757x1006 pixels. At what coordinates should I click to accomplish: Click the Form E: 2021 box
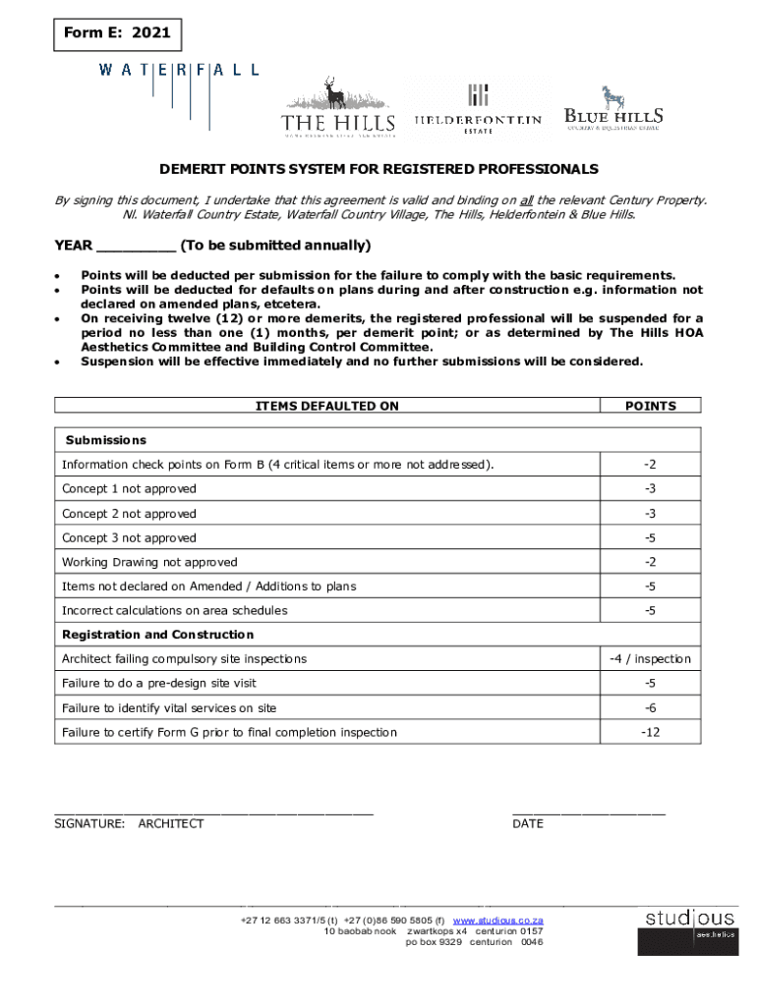point(117,33)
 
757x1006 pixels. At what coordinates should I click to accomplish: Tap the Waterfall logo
point(178,70)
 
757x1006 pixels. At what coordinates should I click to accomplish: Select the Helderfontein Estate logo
point(478,109)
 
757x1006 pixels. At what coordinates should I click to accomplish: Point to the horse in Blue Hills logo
point(613,96)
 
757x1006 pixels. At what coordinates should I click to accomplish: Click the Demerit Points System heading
point(379,169)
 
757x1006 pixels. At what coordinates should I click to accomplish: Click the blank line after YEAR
point(137,246)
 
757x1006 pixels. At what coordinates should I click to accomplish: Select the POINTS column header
point(650,406)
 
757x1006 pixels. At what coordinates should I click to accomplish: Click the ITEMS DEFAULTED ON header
point(327,406)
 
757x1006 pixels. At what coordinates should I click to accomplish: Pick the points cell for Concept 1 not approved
point(650,488)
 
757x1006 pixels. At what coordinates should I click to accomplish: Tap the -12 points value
point(650,732)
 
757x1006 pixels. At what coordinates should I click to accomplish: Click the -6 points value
point(650,707)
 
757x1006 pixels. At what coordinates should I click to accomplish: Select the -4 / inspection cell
point(650,658)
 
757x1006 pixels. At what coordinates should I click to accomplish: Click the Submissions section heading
point(105,440)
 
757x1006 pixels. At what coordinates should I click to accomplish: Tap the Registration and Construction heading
point(157,635)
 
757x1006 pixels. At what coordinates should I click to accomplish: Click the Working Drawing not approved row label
point(149,562)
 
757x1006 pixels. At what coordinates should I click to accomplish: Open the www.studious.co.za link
point(497,921)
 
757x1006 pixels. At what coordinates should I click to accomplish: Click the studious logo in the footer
point(687,929)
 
